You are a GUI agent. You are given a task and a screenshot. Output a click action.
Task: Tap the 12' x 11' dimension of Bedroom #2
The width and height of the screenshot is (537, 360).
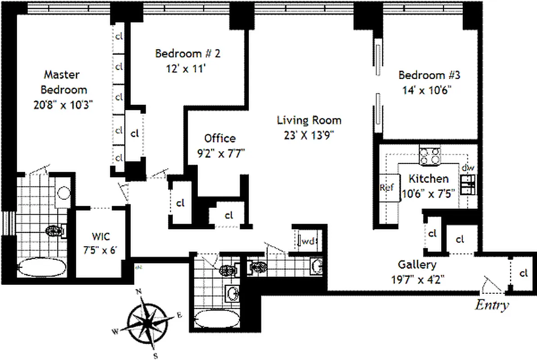186,69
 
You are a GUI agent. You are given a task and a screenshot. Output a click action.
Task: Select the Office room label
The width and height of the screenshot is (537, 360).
220,138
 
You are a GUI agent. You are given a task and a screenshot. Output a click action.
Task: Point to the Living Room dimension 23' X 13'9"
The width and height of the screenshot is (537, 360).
309,135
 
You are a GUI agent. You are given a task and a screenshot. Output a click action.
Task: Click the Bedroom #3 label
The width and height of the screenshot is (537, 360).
429,75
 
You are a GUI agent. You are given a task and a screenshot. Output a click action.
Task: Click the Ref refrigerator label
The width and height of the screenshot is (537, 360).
387,187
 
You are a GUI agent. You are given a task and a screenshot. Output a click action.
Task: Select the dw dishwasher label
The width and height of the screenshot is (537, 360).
468,168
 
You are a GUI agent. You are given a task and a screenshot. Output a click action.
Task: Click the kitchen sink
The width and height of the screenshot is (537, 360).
468,184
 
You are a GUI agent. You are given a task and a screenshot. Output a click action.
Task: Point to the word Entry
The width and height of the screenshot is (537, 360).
492,305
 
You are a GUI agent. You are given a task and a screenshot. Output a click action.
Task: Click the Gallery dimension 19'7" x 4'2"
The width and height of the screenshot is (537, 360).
418,279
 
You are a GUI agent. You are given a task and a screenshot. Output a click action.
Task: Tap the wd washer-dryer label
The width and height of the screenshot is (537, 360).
308,241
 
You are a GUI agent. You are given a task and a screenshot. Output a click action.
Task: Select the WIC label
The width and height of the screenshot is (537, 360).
101,236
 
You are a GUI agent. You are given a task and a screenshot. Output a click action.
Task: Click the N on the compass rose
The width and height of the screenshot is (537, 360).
139,292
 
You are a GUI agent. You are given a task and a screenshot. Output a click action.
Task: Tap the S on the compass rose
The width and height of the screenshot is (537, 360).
155,355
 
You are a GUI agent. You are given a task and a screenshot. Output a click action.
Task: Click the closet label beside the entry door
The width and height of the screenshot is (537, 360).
524,273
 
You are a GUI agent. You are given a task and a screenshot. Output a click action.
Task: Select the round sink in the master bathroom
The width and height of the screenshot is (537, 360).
64,193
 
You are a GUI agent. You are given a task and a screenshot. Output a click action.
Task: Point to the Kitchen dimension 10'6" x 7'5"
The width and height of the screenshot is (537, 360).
428,194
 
